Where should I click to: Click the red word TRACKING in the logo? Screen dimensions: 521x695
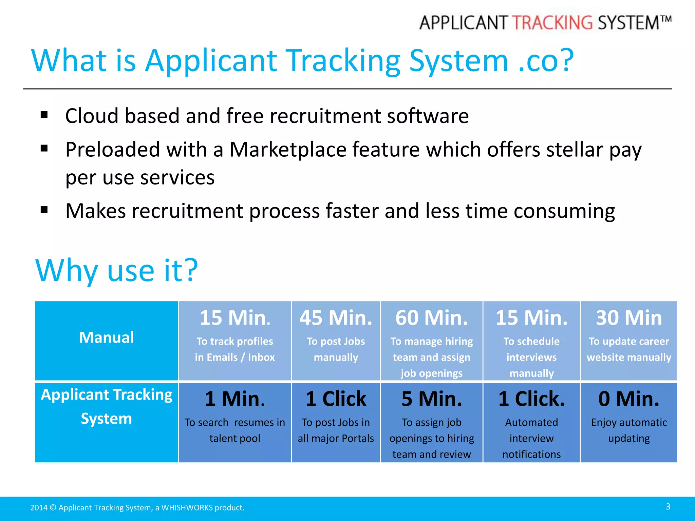click(x=552, y=23)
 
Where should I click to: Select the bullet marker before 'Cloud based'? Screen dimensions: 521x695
click(x=44, y=115)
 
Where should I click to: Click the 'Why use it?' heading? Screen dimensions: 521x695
click(x=116, y=270)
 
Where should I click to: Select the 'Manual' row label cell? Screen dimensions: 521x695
click(x=107, y=337)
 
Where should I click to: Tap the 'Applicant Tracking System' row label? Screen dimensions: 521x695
click(x=107, y=407)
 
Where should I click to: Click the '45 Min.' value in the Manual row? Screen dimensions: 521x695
click(x=336, y=318)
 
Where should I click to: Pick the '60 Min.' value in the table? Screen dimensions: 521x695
click(x=431, y=318)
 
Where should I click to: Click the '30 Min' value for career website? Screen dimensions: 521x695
click(x=629, y=318)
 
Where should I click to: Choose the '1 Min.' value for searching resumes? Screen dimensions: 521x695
click(x=235, y=399)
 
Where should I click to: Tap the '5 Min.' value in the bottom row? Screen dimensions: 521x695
click(x=431, y=399)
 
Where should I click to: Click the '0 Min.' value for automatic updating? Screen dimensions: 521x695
click(x=629, y=399)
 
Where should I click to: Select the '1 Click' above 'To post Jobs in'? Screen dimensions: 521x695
click(x=336, y=399)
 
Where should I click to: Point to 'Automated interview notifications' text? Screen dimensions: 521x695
click(x=531, y=438)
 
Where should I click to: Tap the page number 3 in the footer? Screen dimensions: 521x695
click(x=668, y=506)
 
